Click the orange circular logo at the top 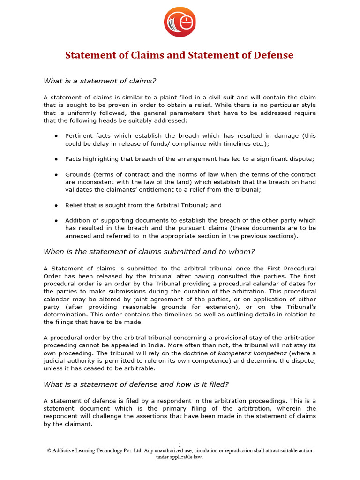pos(180,22)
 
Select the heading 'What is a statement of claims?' pos(100,81)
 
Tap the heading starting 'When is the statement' pos(149,252)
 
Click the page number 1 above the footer pos(180,444)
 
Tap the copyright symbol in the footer pos(49,451)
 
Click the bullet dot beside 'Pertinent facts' pos(56,136)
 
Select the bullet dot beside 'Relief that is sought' pos(56,205)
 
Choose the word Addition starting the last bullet pos(78,220)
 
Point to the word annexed pos(78,236)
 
